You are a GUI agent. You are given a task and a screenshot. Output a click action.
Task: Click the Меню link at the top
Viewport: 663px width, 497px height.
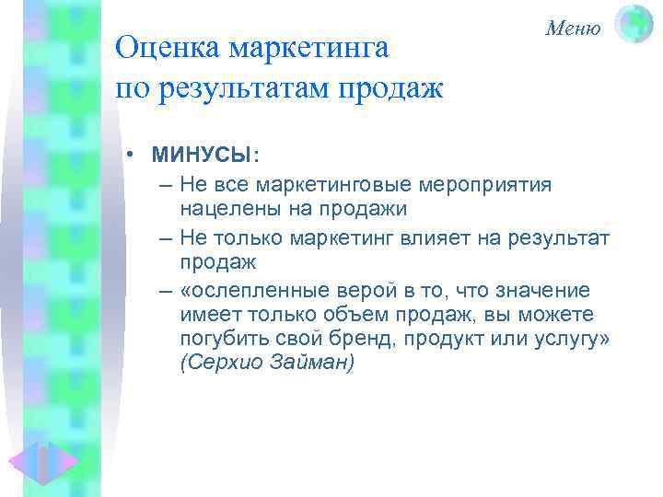[573, 28]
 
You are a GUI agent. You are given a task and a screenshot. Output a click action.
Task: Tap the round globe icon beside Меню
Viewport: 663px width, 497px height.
[634, 24]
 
